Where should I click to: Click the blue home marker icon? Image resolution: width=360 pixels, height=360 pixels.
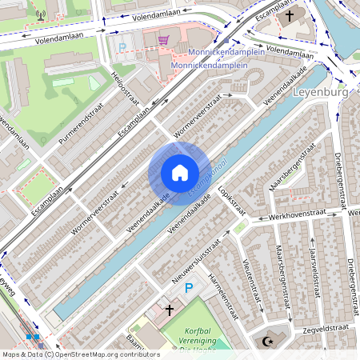tap(179, 173)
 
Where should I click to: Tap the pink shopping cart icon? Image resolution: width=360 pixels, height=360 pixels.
tap(164, 40)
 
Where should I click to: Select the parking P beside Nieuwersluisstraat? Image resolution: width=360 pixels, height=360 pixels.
tap(189, 288)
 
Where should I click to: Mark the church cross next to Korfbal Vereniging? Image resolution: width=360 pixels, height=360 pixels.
tap(170, 309)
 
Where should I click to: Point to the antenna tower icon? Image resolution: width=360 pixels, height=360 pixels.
tap(41, 14)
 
